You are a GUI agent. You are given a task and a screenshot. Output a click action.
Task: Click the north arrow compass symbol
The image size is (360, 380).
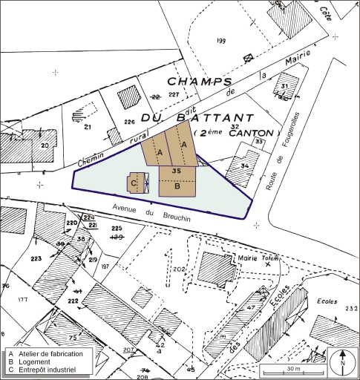point(342,361)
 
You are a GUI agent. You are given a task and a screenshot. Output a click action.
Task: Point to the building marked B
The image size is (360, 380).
point(177,186)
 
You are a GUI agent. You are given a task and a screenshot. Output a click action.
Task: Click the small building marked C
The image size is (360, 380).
point(137,182)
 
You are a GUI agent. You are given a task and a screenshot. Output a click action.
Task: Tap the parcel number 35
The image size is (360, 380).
point(176,171)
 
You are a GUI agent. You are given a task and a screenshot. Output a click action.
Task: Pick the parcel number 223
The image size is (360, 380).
point(36,258)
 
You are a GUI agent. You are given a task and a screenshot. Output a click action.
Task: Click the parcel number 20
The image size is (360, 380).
point(44,145)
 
